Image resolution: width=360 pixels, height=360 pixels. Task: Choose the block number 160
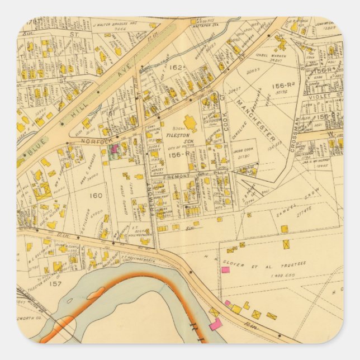(96, 196)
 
